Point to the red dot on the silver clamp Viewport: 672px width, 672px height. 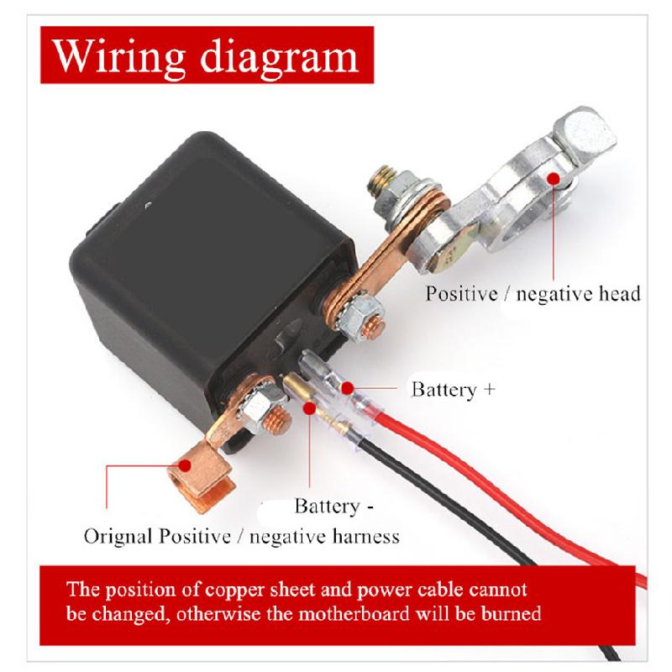click(554, 178)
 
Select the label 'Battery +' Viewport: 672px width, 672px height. click(453, 390)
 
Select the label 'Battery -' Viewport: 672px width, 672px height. click(333, 507)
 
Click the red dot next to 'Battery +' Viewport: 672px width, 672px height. click(347, 389)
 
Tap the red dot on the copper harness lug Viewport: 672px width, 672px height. click(185, 465)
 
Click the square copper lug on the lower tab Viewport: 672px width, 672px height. click(201, 475)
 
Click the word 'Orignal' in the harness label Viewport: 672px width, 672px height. click(118, 536)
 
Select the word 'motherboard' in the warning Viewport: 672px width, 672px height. click(354, 613)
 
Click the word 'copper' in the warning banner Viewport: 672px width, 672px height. click(234, 590)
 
